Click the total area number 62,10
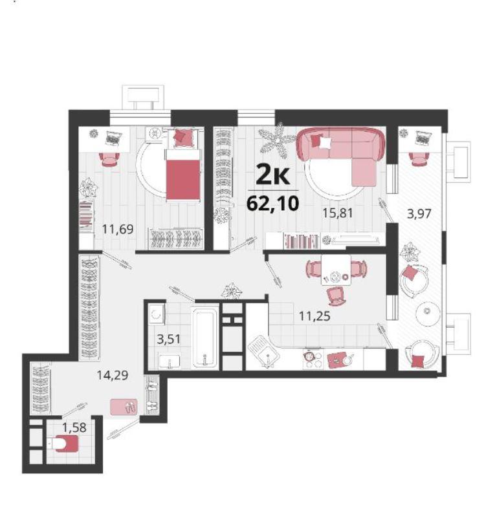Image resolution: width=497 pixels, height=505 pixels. point(272,204)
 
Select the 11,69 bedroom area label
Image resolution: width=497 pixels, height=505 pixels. point(118,230)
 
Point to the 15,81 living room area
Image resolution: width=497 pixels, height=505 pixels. point(338,213)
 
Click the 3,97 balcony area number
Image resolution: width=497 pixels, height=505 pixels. point(419,213)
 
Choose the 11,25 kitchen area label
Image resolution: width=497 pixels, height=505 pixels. point(315,316)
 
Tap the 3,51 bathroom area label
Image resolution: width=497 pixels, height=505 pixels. point(168,339)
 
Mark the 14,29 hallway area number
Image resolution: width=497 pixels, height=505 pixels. point(113,375)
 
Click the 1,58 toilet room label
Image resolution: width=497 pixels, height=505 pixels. point(74,427)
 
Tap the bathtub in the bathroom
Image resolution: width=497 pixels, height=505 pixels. point(204,338)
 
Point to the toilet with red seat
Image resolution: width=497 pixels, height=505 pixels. point(63,443)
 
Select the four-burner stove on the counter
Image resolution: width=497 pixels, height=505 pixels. point(313,359)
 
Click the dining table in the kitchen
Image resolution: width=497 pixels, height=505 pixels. point(336,270)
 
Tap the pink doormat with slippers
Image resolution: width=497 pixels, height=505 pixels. point(124,407)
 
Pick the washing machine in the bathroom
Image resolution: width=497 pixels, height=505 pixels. point(157,314)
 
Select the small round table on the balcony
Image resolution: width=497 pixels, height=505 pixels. point(428,314)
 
